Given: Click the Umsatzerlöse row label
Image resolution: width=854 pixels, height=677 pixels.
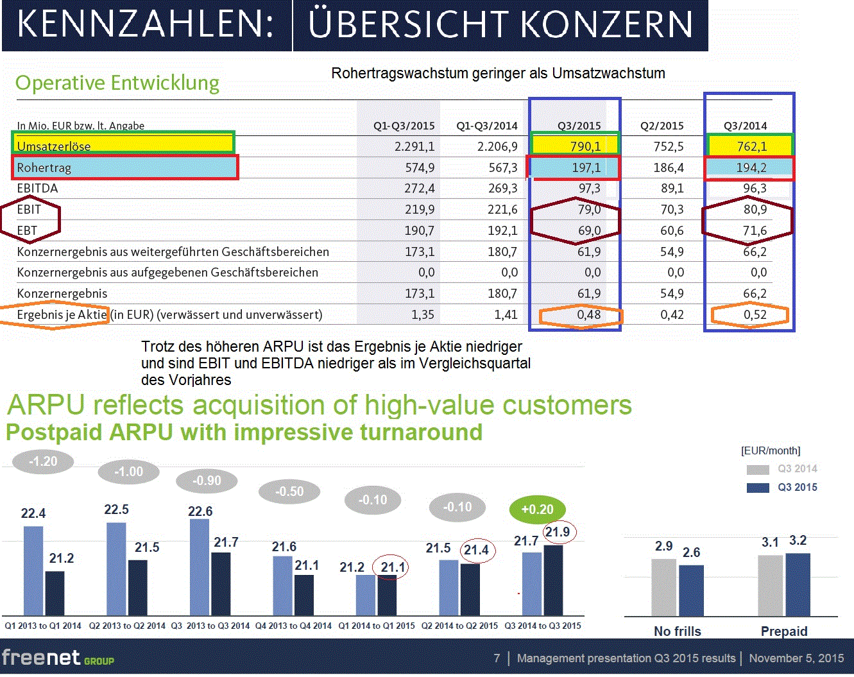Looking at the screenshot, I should (54, 146).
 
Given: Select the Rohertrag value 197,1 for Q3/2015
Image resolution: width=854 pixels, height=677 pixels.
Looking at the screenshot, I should (586, 167).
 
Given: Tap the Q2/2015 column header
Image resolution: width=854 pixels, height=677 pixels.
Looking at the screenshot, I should (662, 126).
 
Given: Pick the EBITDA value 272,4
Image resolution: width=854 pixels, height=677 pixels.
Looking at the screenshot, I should (420, 188).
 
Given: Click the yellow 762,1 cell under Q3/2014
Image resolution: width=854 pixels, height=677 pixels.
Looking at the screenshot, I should (751, 146).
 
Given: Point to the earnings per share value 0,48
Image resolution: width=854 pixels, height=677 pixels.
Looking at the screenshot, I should (588, 314).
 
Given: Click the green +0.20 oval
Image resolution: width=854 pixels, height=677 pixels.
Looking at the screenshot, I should (537, 510).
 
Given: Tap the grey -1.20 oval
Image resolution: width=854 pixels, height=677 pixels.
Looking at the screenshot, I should (43, 461).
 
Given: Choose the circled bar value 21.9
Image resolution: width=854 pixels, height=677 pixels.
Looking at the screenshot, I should (558, 532).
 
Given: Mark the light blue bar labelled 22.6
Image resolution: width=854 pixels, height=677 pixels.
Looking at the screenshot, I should (200, 565).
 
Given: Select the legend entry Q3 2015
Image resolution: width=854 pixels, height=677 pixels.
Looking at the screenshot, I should (797, 487).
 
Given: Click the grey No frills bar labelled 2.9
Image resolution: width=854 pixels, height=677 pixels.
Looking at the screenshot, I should (664, 587).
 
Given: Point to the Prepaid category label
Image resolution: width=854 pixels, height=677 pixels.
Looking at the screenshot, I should (783, 631).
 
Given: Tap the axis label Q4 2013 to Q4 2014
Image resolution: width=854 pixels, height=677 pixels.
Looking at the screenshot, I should (293, 626).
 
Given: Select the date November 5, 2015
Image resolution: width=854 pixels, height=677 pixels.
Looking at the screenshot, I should (796, 658).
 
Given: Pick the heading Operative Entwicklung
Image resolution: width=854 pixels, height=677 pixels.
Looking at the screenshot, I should (117, 83).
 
